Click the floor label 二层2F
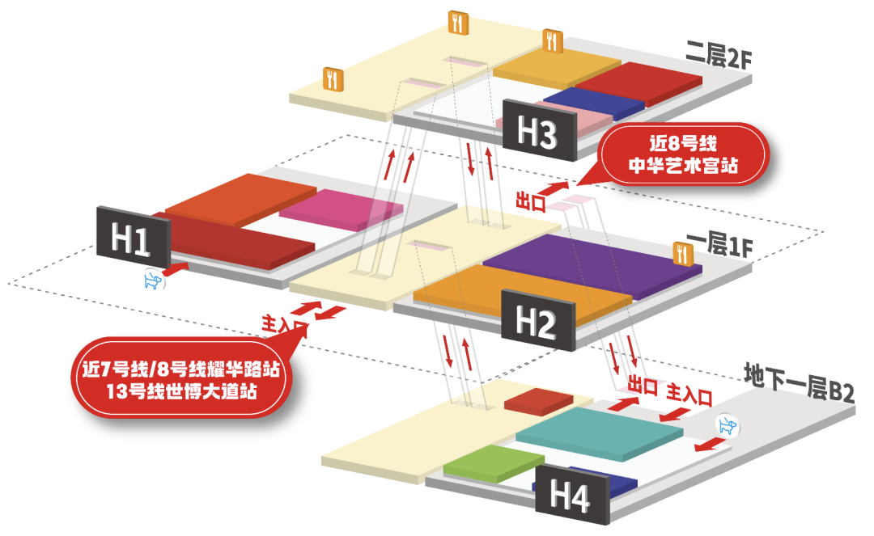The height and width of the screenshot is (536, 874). click(718, 61)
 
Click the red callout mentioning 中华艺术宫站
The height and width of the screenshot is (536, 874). click(685, 156)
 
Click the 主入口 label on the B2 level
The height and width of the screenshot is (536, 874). click(689, 395)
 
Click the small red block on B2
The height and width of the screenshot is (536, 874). click(538, 401)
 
